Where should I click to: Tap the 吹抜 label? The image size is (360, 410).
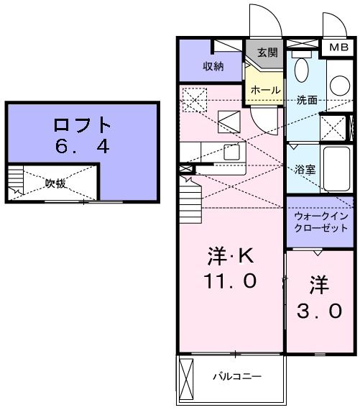tap(55, 183)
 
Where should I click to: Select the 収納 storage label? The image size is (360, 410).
tap(212, 67)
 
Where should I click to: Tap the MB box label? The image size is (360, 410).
tap(336, 47)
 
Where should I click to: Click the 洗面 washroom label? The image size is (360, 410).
tap(307, 99)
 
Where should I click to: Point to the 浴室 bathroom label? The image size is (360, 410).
tap(305, 170)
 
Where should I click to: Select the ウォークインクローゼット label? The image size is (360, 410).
tap(320, 222)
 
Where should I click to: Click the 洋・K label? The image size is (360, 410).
tap(230, 257)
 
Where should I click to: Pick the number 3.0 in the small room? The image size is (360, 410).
tap(320, 311)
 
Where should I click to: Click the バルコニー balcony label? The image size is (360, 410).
tap(236, 376)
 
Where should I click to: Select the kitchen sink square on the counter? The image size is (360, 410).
tap(231, 152)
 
